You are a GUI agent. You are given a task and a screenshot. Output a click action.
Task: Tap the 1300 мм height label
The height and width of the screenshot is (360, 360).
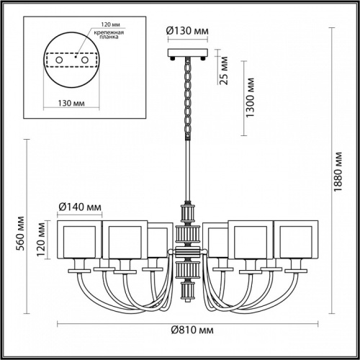coord(250,98)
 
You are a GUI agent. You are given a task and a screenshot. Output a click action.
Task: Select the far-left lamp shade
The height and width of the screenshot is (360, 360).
coord(76,241)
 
